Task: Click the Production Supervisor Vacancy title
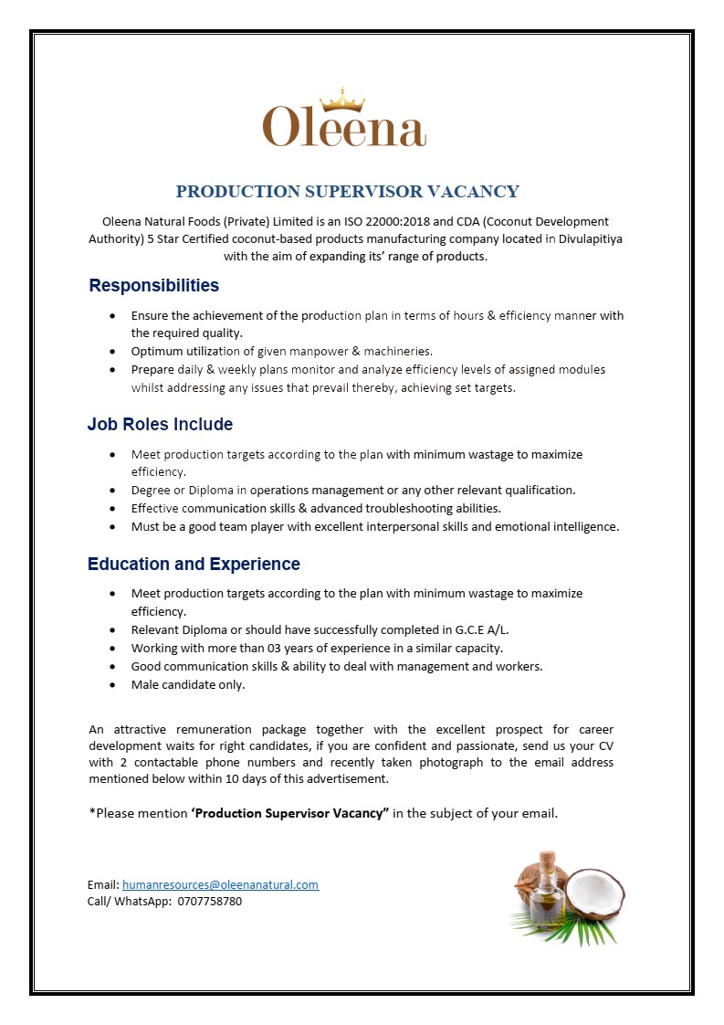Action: point(347,192)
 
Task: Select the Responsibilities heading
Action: point(153,286)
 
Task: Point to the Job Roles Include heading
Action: point(160,425)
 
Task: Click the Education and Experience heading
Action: point(194,565)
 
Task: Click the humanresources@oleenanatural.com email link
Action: point(220,884)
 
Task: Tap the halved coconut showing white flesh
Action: point(594,894)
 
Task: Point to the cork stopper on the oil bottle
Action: point(546,859)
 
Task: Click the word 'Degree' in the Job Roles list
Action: point(151,491)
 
